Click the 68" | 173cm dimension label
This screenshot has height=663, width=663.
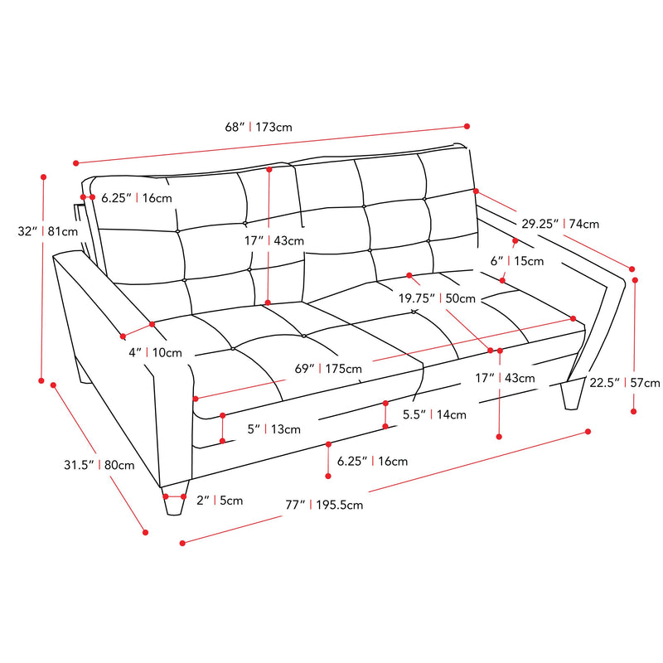point(259,127)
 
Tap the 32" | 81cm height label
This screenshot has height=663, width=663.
point(48,231)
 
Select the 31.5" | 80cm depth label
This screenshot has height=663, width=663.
point(99,465)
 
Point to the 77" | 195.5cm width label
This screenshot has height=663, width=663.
point(324,505)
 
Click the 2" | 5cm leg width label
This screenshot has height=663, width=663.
point(220,501)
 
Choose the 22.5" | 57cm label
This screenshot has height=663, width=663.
point(625,383)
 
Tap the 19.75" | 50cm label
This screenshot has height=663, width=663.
point(437,298)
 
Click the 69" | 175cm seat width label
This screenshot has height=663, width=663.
point(328,369)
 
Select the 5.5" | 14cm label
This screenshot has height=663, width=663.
point(434,414)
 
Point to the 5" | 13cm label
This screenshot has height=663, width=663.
point(274,429)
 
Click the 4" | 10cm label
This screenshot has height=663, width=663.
point(155,353)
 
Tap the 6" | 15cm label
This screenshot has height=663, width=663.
point(516,261)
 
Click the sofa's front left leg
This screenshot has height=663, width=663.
point(174,501)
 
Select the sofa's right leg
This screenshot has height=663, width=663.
point(572,395)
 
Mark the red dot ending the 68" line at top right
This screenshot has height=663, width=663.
point(467,126)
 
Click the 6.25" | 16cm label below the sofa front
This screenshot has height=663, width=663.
point(372,461)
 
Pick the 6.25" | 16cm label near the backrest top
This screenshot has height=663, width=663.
point(137,198)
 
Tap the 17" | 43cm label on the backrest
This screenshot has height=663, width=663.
point(274,240)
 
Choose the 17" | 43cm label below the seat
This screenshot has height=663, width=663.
point(505,378)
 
